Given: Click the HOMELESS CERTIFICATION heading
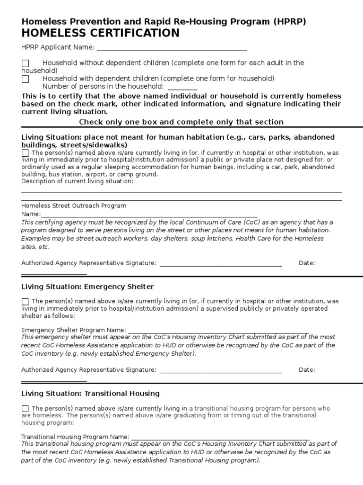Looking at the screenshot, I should (100, 33).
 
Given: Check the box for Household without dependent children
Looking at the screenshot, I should (26, 63).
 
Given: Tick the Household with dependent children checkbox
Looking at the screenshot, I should (26, 79).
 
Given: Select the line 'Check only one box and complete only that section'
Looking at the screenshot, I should (181, 122).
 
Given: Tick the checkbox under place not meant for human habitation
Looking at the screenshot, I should (25, 153).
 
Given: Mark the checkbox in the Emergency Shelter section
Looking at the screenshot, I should (25, 301).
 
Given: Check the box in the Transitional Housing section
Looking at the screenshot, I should (25, 408).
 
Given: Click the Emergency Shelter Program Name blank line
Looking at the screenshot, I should (218, 331).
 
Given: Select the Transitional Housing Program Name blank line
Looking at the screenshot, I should (220, 438).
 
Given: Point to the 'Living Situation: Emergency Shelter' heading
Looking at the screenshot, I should (87, 287).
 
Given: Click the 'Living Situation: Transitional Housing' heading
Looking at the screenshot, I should (90, 394).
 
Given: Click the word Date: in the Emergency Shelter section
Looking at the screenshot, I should (307, 370).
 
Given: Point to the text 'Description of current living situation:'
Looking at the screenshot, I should (78, 181).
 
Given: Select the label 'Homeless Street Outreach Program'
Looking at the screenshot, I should (74, 206).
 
